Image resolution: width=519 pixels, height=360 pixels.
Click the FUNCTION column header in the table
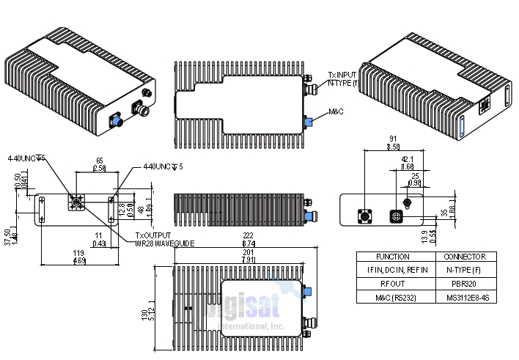point(393,257)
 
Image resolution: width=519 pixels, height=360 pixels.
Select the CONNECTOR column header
point(465,257)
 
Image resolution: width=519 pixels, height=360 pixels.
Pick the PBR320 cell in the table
point(465,284)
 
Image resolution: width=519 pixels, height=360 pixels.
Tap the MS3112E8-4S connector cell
point(465,297)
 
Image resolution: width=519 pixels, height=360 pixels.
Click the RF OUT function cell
point(393,284)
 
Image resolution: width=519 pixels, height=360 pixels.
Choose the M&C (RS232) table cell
point(393,297)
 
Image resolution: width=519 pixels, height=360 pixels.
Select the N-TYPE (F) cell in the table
point(465,271)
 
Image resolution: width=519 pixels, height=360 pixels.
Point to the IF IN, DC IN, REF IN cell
point(393,271)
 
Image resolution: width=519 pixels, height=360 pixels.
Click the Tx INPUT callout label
point(342,76)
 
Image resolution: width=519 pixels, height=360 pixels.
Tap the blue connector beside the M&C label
point(309,122)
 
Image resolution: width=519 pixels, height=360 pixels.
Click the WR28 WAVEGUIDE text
point(165,243)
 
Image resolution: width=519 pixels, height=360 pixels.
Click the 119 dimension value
point(78,253)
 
